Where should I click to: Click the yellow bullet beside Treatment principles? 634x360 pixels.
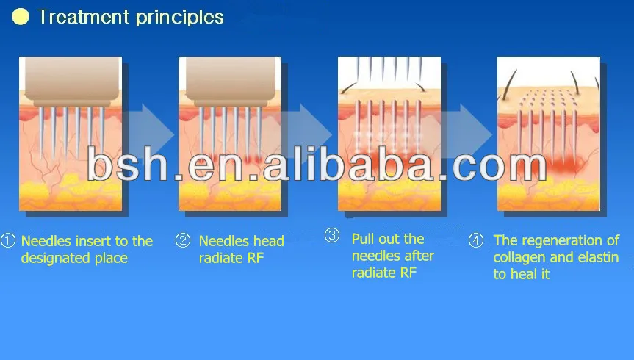point(21,17)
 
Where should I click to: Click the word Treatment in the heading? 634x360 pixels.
point(83,17)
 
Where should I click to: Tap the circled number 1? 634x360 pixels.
point(7,241)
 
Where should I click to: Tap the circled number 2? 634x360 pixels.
point(183,241)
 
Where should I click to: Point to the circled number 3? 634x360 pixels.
point(332,235)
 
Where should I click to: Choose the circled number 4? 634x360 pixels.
point(476,240)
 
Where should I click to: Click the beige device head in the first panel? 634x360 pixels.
point(71,82)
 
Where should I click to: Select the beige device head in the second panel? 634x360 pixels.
point(231,82)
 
